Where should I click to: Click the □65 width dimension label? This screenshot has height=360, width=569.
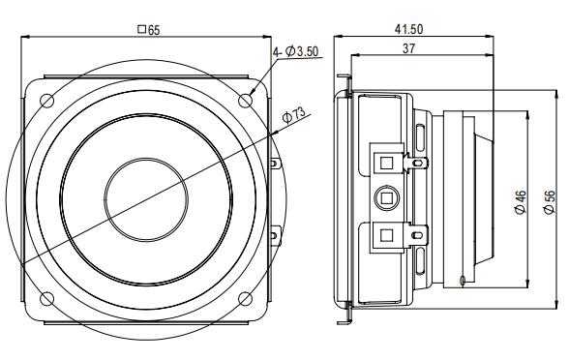pos(148,30)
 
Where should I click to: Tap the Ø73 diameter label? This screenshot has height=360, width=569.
pos(293,116)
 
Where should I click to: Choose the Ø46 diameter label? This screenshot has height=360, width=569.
pos(522,203)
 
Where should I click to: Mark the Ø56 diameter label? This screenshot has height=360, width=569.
pos(550,203)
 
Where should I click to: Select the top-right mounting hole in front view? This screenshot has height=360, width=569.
pos(247,99)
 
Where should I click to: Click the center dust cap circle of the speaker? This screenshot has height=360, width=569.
pos(147,199)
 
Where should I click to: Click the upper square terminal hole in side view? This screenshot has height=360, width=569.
pos(386,161)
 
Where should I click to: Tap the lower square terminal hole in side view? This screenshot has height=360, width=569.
pos(386,235)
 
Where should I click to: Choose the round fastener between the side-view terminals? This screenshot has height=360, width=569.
pos(386,198)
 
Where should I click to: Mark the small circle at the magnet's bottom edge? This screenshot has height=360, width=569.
pos(465,282)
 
